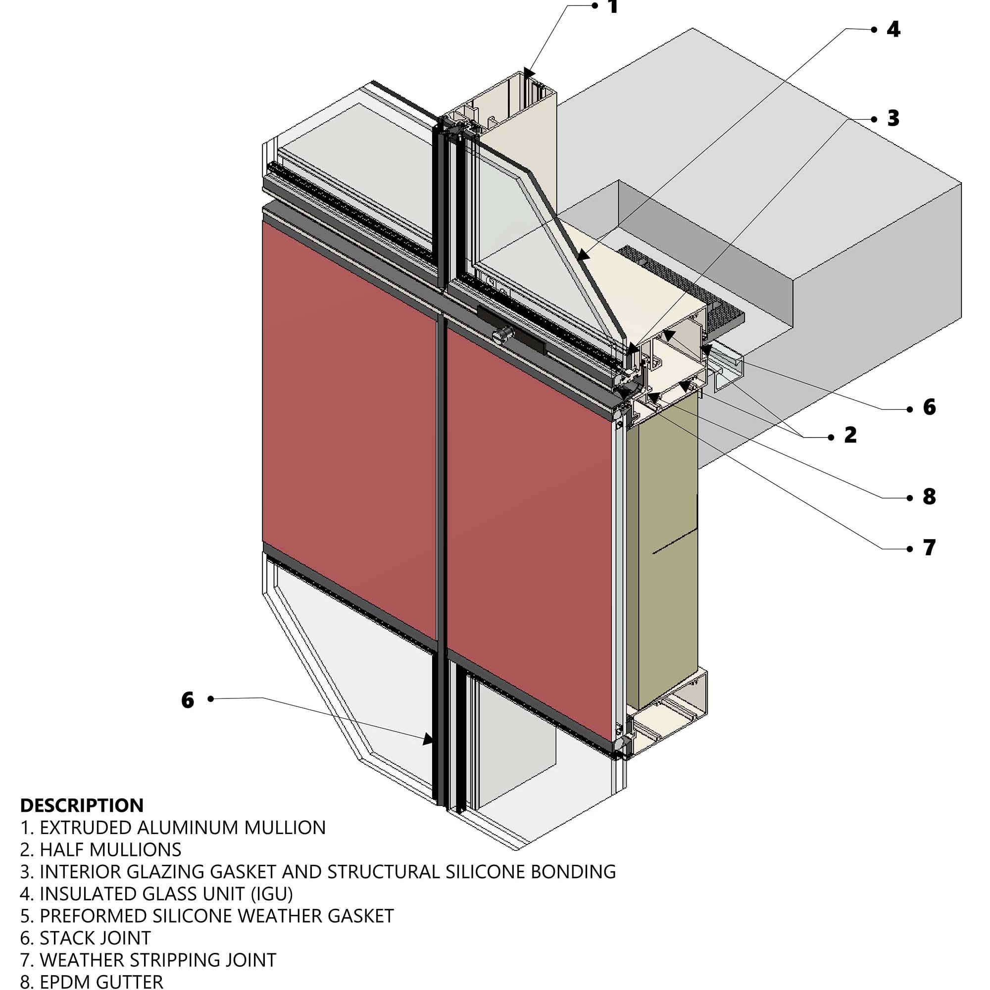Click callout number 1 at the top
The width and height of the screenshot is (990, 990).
point(613,6)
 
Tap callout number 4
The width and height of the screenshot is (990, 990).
point(893,30)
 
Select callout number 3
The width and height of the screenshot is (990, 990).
point(893,118)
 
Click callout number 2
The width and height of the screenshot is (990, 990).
point(850,435)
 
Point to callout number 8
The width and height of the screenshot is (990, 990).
point(929,496)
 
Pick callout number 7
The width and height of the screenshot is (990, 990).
point(929,548)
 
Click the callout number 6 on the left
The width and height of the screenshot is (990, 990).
point(188,700)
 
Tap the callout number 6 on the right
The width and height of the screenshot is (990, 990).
point(929,407)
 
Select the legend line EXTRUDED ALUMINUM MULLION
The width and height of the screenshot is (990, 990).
point(173,828)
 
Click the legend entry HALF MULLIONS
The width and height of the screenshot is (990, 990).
point(100,849)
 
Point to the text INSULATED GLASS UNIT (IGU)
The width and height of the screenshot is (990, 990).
point(156,893)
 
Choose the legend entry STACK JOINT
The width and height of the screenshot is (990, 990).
point(86,938)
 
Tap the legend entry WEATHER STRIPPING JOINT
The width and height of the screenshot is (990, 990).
point(148,960)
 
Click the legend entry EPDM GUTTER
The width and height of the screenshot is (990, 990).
point(92,982)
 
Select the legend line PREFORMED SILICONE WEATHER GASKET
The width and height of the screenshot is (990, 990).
point(207,916)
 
